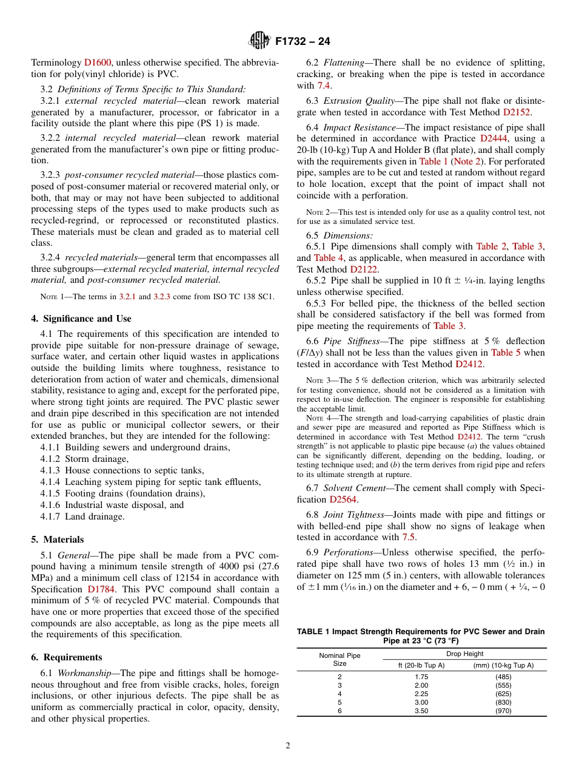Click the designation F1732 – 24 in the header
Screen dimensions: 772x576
click(303, 42)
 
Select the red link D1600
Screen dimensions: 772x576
click(98, 62)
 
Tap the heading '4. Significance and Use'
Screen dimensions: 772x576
click(81, 319)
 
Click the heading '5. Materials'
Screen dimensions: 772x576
click(58, 540)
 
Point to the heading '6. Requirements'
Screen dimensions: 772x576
click(67, 657)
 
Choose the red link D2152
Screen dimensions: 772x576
click(517, 112)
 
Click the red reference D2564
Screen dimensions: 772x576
click(343, 499)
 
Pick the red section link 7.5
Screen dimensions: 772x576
click(408, 537)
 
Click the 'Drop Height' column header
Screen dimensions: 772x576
click(464, 654)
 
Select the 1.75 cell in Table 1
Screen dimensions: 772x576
click(421, 676)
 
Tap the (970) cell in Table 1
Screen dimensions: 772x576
click(503, 711)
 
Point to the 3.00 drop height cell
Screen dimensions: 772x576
click(421, 702)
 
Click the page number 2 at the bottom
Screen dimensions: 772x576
click(288, 746)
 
